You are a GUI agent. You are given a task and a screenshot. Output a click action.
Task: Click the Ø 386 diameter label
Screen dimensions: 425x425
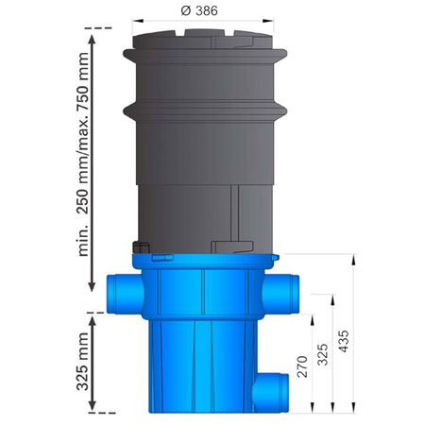click(199, 10)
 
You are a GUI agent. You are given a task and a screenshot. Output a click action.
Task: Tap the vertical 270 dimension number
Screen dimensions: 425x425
click(302, 366)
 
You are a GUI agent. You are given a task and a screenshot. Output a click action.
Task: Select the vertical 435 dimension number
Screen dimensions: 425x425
click(344, 341)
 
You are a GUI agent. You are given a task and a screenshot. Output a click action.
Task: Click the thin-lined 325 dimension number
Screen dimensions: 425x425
click(323, 354)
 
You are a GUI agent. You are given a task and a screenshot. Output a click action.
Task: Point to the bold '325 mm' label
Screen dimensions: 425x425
click(83, 362)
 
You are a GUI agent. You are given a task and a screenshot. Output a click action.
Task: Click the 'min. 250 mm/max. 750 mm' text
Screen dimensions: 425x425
click(83, 154)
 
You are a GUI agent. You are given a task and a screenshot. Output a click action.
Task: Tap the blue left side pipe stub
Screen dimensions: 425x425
click(125, 294)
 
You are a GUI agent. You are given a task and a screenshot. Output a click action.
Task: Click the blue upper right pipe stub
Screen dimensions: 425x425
click(281, 294)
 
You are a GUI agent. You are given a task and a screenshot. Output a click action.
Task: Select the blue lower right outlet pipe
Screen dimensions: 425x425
click(271, 392)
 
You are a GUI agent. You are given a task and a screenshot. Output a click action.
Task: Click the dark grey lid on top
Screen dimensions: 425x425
click(203, 40)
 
